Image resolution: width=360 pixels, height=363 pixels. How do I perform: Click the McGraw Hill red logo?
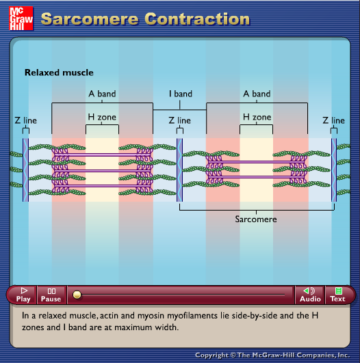click(21, 18)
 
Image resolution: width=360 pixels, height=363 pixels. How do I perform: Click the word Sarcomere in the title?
click(90, 18)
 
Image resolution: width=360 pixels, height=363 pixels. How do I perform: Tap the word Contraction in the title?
click(197, 18)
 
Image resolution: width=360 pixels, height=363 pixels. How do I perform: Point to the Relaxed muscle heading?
click(59, 72)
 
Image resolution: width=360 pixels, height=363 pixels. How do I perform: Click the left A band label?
click(102, 94)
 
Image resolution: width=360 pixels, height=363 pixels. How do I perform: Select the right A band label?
click(257, 94)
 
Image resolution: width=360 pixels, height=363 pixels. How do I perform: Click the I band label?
click(181, 94)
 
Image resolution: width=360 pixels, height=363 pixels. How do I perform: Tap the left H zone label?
click(102, 117)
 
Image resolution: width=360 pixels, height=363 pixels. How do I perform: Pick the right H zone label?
click(257, 117)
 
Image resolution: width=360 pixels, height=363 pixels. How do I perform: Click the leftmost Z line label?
click(26, 120)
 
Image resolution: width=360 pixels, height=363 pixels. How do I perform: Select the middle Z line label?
click(179, 120)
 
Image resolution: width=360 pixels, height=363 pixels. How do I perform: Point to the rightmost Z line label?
click(333, 120)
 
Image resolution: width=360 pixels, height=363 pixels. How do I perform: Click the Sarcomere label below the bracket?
click(256, 219)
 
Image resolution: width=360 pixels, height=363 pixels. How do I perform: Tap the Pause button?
click(51, 295)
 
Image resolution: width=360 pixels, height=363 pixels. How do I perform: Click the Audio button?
click(310, 295)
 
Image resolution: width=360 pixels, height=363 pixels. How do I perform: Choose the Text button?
click(338, 295)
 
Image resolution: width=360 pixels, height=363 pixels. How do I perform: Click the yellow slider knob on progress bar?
click(77, 295)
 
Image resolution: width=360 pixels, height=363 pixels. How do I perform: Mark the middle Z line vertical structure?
click(179, 170)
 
